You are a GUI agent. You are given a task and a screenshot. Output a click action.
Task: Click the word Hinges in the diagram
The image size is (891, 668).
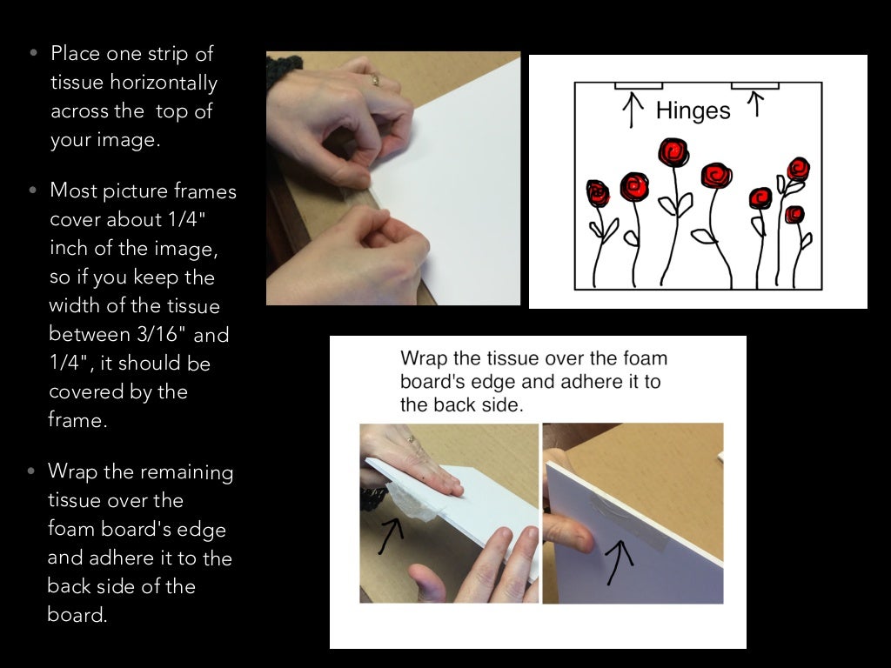[693, 110]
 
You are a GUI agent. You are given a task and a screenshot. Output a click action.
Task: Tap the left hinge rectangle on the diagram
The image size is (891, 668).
[639, 86]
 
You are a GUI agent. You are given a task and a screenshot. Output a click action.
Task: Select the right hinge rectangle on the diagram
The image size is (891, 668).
[754, 86]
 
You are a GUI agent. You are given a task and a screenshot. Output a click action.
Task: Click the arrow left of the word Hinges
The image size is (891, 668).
[633, 110]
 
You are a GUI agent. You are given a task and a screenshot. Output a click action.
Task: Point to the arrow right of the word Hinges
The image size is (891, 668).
[755, 104]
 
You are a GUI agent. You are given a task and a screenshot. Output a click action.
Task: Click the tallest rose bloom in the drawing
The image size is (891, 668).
[673, 152]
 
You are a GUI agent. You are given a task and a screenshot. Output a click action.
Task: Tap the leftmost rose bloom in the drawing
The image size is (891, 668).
[598, 193]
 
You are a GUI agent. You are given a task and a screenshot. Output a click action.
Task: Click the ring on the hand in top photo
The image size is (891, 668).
[375, 79]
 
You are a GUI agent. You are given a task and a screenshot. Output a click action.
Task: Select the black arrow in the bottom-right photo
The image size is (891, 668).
[619, 562]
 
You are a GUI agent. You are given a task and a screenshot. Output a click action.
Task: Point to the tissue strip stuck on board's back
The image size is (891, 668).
[628, 522]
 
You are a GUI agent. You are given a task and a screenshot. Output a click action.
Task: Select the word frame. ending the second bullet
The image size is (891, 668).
[77, 420]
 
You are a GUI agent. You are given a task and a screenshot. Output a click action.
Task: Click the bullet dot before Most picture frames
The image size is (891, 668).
[33, 190]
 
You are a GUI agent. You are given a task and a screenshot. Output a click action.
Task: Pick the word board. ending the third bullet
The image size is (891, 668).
[77, 615]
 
